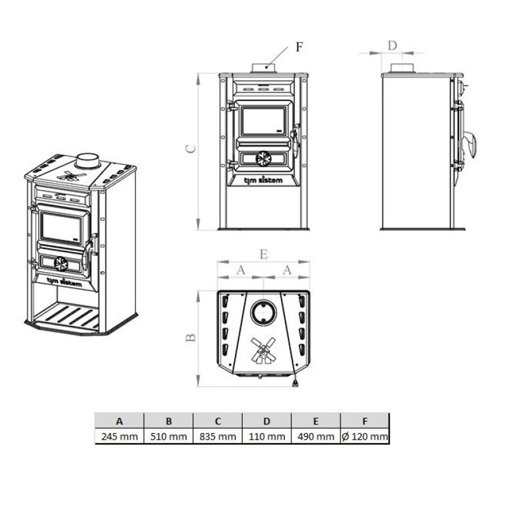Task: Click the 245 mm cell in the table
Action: coord(120,436)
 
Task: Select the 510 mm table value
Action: coord(168,436)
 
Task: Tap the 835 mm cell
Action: coord(218,436)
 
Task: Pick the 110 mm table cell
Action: coord(267,436)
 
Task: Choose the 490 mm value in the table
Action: coord(316,436)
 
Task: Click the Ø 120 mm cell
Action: coord(365,436)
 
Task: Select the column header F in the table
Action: coord(365,421)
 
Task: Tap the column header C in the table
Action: coord(218,421)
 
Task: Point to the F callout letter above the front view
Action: coord(299,47)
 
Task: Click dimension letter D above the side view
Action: coord(392,45)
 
